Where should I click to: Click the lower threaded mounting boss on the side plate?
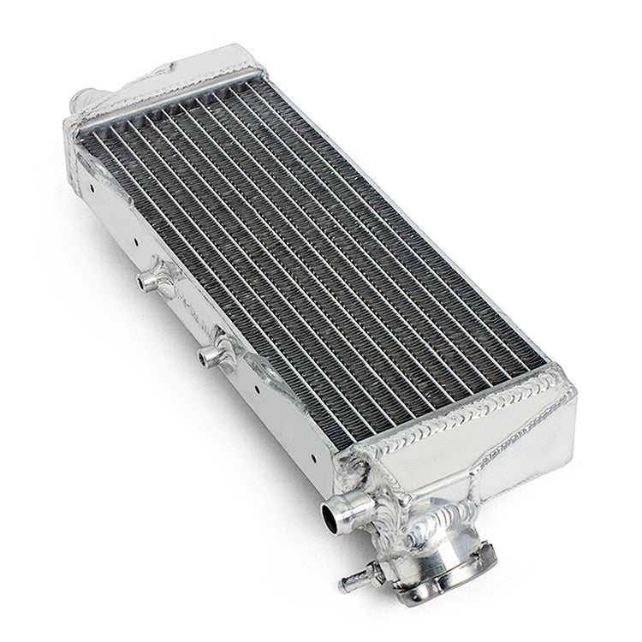[x=215, y=353]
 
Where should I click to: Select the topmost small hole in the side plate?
[x=91, y=181]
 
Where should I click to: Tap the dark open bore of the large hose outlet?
[x=330, y=515]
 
